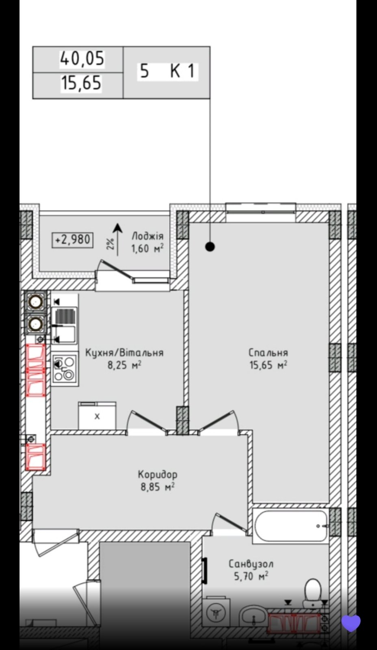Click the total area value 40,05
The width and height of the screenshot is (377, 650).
pyautogui.click(x=82, y=59)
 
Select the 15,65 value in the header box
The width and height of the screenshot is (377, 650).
pyautogui.click(x=81, y=83)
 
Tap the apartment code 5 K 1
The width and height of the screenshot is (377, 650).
pyautogui.click(x=167, y=71)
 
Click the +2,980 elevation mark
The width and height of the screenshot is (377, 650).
pyautogui.click(x=73, y=240)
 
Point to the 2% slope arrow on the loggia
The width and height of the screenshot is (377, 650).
pyautogui.click(x=117, y=239)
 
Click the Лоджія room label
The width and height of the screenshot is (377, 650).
pyautogui.click(x=148, y=236)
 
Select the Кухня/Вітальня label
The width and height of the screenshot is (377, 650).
pyautogui.click(x=124, y=353)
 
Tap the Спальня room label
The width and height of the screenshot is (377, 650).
pyautogui.click(x=268, y=353)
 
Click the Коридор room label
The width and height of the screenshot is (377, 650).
pyautogui.click(x=157, y=474)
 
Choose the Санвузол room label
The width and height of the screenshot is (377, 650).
pyautogui.click(x=251, y=564)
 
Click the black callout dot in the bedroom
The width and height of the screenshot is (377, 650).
pyautogui.click(x=210, y=247)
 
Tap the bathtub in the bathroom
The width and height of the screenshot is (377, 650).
pyautogui.click(x=291, y=526)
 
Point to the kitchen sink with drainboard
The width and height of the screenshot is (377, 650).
pyautogui.click(x=65, y=325)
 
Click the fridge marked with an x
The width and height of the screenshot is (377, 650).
pyautogui.click(x=97, y=416)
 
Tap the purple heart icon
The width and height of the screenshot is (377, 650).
pyautogui.click(x=351, y=623)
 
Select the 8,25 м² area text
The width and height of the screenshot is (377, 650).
pyautogui.click(x=124, y=365)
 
